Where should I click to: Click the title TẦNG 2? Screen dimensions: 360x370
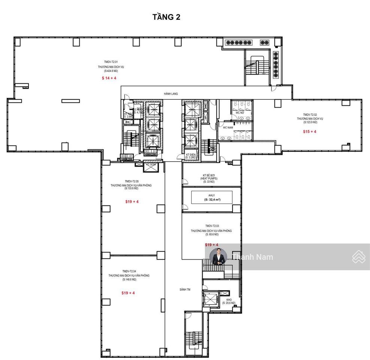click(166, 17)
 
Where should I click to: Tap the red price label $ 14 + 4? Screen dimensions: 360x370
click(109, 78)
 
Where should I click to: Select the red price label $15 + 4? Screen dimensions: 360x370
click(310, 132)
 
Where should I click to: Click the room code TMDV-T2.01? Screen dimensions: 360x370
click(111, 62)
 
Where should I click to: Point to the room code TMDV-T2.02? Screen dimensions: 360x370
click(310, 114)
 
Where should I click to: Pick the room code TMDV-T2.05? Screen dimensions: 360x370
click(131, 181)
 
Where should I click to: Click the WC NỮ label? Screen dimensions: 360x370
click(240, 112)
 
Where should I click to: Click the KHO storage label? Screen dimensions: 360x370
click(228, 300)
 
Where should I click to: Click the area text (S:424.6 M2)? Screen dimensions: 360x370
click(111, 70)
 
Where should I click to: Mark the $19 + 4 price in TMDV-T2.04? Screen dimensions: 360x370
click(128, 293)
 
